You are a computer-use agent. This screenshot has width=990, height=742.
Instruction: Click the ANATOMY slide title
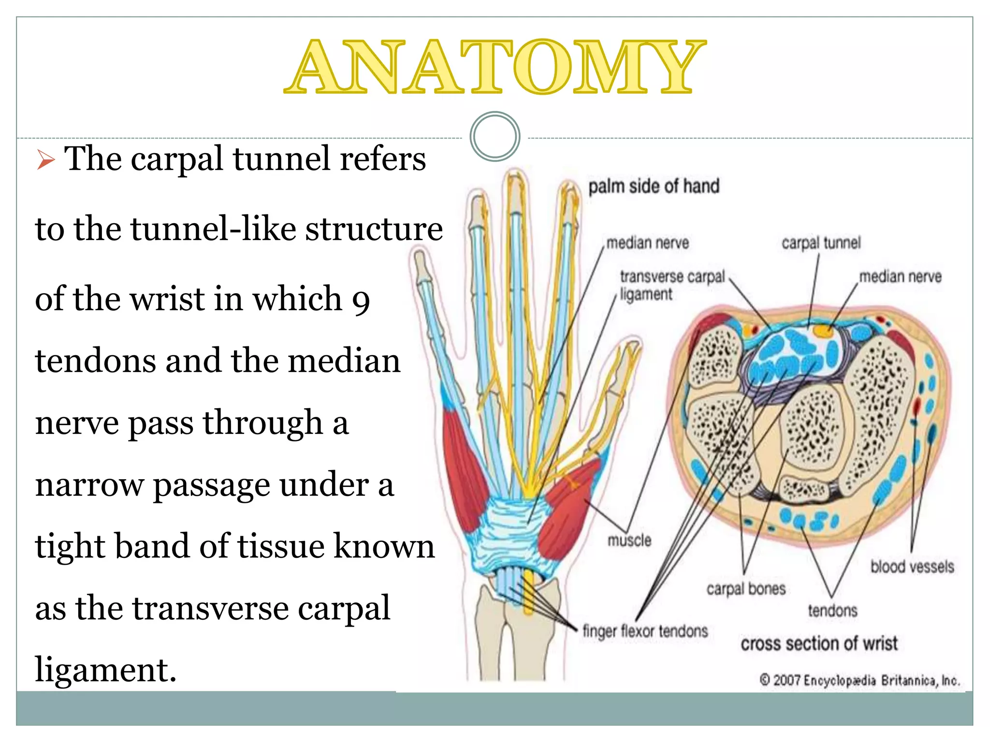point(495,67)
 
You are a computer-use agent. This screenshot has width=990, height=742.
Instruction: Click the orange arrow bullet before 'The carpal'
point(45,160)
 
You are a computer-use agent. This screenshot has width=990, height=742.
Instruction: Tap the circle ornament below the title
point(495,136)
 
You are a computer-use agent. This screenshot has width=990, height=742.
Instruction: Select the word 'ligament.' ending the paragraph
point(106,670)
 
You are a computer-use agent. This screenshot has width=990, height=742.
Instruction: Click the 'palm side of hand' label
point(654,186)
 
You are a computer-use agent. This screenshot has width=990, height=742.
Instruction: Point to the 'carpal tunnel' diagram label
point(821,243)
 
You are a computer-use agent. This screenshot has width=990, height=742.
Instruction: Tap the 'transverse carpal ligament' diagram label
point(672,285)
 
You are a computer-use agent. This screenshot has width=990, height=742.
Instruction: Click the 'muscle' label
point(629,540)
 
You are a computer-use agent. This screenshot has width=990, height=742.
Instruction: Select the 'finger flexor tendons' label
point(645,631)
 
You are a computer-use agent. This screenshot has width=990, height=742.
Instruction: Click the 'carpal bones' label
point(746,589)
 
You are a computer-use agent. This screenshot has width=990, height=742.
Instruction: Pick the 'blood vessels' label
point(912,567)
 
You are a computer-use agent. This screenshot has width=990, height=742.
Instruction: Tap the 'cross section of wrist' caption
point(819,644)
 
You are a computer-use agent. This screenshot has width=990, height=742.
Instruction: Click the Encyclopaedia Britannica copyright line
point(859,681)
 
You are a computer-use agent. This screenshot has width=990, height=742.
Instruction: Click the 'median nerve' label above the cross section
point(900,277)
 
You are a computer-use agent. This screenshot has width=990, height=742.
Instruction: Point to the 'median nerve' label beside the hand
point(647,243)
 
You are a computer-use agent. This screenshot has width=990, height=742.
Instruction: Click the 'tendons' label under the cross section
point(832,611)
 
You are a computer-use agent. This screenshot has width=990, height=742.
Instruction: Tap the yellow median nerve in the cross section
point(822,330)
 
